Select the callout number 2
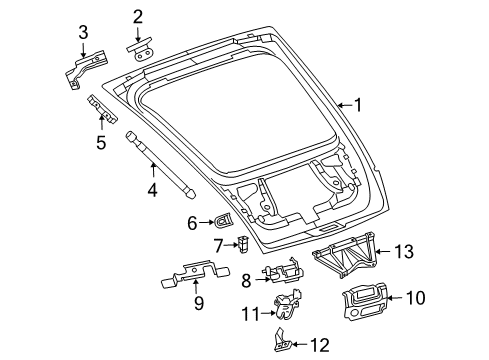139,15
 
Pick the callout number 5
100,142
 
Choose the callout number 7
218,245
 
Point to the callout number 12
319,346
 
